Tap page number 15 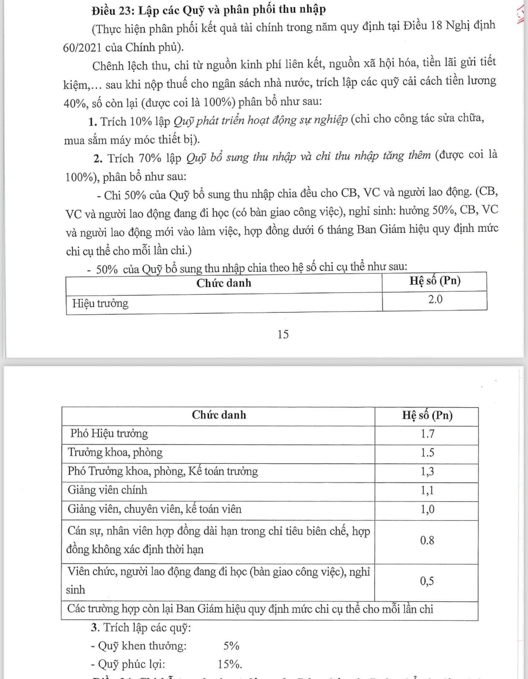pos(283,334)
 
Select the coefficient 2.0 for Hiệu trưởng pos(435,299)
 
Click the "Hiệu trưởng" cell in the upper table pos(100,303)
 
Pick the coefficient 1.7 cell pos(427,434)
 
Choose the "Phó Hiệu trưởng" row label pos(109,434)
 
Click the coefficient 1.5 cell pos(427,452)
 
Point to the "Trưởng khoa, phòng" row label pos(115,452)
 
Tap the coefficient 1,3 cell pos(427,472)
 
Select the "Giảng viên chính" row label pos(107,490)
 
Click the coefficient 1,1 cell pos(427,490)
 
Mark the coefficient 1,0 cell pos(427,509)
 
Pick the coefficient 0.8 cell pos(427,540)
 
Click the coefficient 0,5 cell pos(427,581)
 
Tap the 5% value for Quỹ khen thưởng pos(231,646)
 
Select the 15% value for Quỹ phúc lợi pos(230,664)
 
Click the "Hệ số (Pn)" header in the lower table pos(427,415)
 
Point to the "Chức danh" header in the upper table pos(224,283)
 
